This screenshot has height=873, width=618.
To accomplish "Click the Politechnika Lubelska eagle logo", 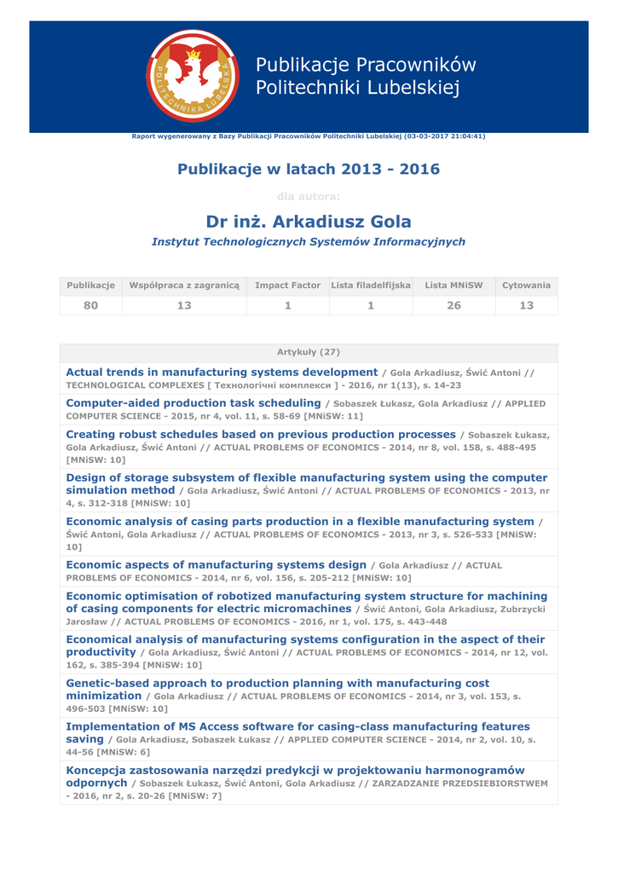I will point(193,76).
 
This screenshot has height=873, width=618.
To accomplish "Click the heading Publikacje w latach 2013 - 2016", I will point(309,169).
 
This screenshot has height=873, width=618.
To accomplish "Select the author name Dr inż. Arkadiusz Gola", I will point(309,222).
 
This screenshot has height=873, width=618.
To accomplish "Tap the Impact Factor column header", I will point(287,286).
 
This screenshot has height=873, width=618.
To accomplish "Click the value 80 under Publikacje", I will point(90,305).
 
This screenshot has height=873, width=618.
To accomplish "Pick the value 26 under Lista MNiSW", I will point(453,305).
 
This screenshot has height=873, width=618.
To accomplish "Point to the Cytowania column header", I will point(526,286).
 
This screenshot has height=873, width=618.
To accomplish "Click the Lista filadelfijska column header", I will point(371,286).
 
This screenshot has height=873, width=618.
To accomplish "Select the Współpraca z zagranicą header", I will point(184,286).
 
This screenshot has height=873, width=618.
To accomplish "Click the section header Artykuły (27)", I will point(309,352).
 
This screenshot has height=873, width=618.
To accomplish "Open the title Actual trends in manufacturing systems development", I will point(222,373).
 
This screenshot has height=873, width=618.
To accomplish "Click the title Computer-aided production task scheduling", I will point(193,403).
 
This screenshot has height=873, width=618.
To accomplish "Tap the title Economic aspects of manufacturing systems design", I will point(217,565).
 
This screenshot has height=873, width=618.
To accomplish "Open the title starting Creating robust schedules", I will point(261,435).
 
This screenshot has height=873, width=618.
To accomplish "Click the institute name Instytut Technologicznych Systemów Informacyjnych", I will point(309,242).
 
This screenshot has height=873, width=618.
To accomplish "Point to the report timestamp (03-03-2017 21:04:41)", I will point(445,136).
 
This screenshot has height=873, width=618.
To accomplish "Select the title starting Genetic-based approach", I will point(277,684).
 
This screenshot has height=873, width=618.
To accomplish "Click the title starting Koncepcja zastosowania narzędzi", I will point(295,771).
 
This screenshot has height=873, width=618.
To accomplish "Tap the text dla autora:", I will point(309,197).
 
